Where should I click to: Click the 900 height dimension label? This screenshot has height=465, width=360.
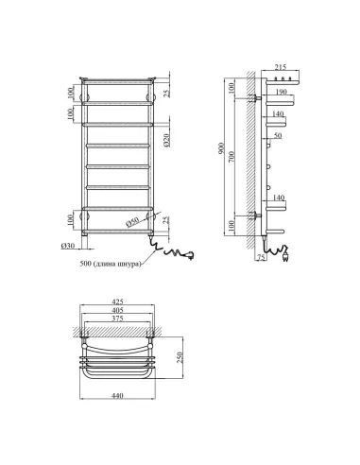point(222,149)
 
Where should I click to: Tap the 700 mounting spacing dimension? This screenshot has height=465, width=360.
point(232,157)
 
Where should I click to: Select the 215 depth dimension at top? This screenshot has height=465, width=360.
point(281,67)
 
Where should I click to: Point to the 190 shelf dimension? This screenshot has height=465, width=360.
point(281,92)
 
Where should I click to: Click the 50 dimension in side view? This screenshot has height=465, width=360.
point(278,136)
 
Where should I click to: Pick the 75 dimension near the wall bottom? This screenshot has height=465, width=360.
point(261,257)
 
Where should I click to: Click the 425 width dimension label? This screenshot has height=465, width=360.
point(117,301)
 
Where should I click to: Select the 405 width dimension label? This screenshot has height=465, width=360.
point(117,310)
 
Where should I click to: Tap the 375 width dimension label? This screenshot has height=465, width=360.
point(117,319)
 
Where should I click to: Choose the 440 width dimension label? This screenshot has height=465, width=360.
point(117,396)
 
